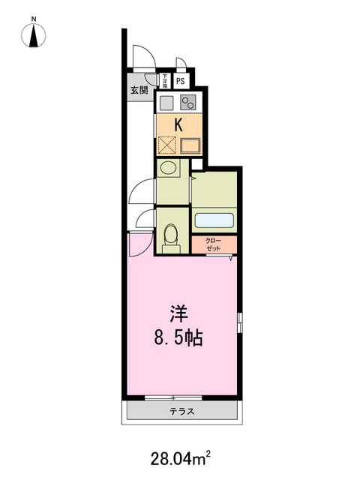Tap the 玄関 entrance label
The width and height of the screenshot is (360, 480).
pos(138,91)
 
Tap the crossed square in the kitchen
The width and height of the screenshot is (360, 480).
pos(166,144)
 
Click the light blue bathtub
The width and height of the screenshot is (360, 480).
pos(215,220)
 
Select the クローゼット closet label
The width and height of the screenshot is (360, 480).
pos(214,244)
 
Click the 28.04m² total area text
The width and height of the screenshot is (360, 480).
pos(180,454)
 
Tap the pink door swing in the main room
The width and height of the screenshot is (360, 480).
pos(138,243)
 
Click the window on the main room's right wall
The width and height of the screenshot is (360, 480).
pos(239,322)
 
